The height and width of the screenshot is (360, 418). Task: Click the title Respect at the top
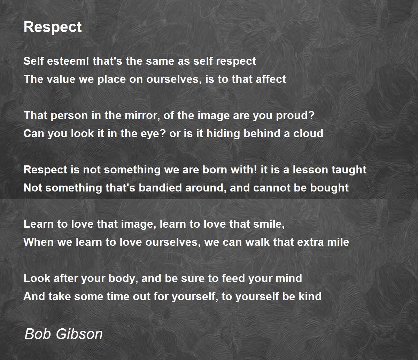[53, 27]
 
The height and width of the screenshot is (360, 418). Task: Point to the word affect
[271, 79]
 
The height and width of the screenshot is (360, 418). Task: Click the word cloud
[308, 134]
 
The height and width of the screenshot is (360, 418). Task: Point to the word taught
[350, 170]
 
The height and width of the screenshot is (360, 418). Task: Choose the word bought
[331, 188]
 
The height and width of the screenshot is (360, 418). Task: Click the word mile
[337, 242]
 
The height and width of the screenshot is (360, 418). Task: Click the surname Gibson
[79, 334]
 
